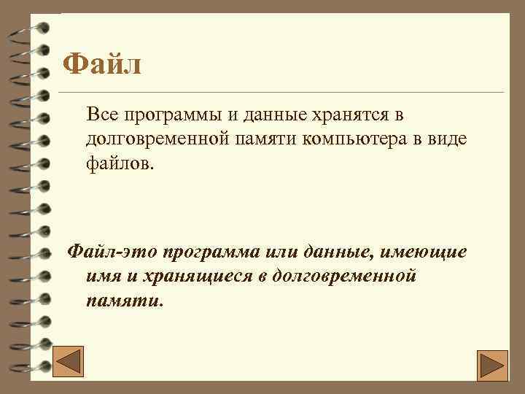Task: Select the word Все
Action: point(101,115)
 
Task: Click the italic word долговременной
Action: point(349,276)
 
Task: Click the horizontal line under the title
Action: point(291,93)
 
